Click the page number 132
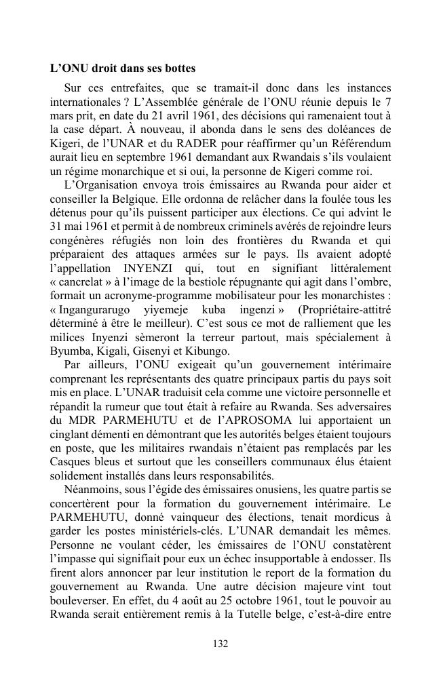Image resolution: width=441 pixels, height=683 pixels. pyautogui.click(x=220, y=644)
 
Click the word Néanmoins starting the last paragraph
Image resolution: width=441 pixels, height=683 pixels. pyautogui.click(x=89, y=488)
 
